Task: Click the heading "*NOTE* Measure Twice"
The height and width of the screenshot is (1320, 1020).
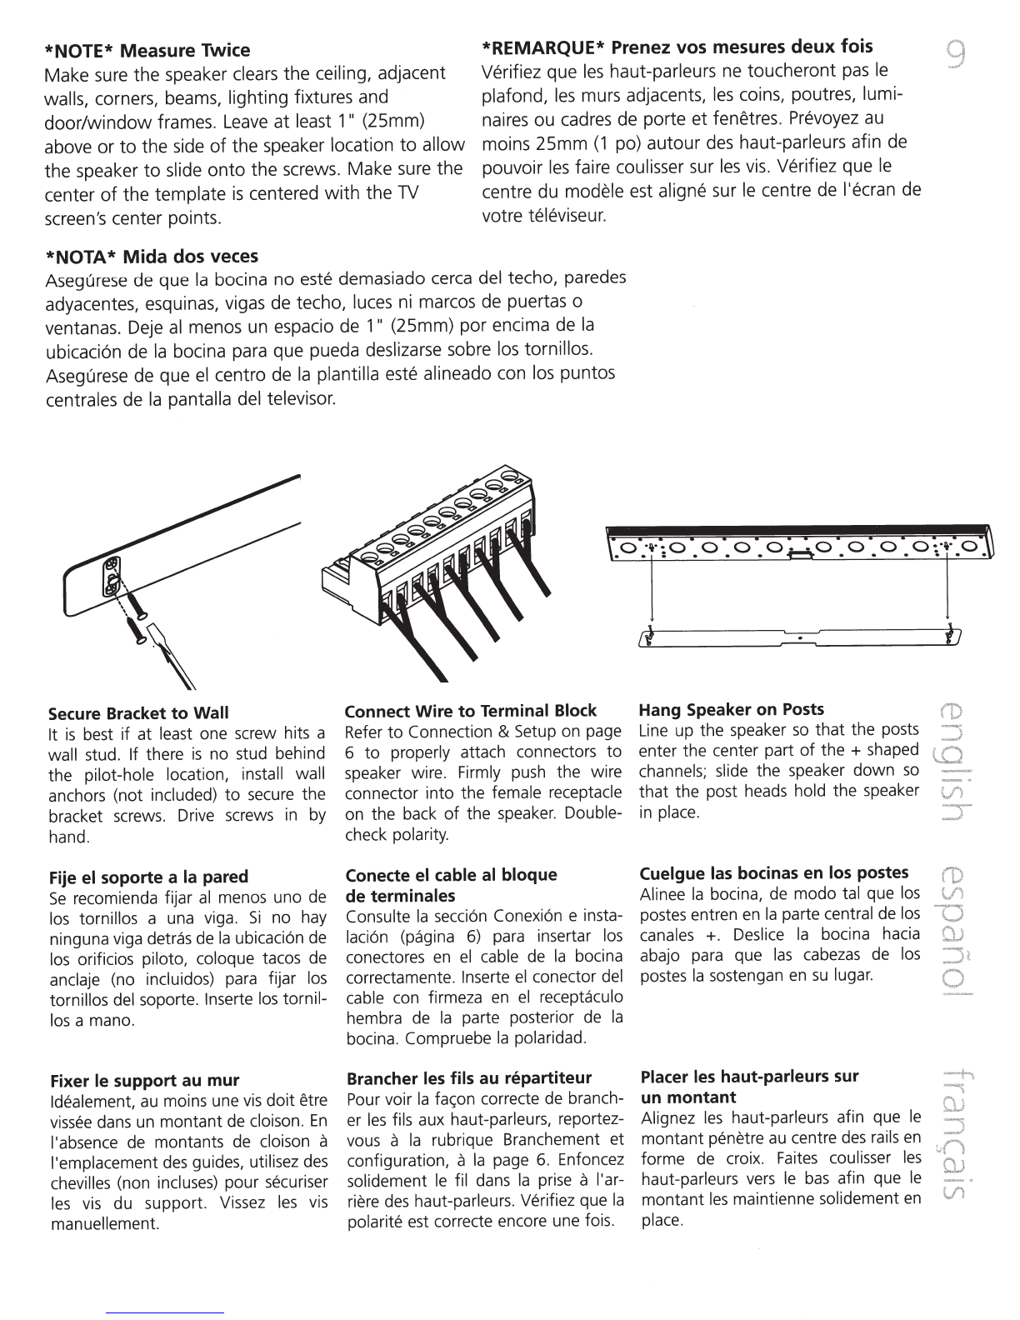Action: click(147, 50)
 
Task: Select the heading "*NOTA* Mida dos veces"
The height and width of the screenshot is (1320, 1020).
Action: click(152, 257)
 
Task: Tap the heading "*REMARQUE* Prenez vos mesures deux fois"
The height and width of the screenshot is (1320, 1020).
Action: click(677, 47)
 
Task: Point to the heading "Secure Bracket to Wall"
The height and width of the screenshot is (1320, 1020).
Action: click(138, 712)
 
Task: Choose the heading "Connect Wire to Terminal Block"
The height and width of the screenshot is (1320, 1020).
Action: click(470, 711)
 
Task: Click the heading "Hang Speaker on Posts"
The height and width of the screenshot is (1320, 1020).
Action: click(732, 709)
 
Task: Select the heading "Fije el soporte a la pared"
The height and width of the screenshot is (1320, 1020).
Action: click(149, 877)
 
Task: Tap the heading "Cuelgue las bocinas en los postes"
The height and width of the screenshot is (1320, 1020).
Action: click(774, 872)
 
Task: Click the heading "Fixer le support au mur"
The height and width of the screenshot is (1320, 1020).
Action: click(145, 1081)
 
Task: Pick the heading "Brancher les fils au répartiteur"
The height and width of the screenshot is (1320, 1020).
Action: click(469, 1078)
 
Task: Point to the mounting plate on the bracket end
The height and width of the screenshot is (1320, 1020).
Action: click(111, 577)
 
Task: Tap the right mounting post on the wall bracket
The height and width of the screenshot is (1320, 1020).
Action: click(947, 635)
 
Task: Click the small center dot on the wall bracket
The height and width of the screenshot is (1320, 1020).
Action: click(799, 638)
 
